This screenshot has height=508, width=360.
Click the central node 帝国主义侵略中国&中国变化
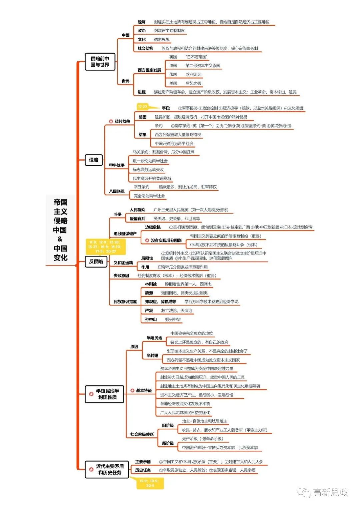(x=60, y=230)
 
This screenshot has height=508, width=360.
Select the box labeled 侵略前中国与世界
(x=100, y=62)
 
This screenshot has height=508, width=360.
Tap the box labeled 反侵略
(x=96, y=261)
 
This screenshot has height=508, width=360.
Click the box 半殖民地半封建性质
(x=104, y=394)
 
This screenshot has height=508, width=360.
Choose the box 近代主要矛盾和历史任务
(x=107, y=469)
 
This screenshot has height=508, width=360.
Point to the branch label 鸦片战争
(x=122, y=121)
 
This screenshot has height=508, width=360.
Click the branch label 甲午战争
(x=117, y=165)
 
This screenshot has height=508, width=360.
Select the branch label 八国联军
(x=117, y=192)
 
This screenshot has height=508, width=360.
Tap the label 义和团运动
(x=123, y=263)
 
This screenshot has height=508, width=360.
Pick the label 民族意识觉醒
(x=125, y=302)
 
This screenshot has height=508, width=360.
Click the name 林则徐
(x=151, y=284)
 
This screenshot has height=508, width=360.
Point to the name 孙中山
(x=151, y=319)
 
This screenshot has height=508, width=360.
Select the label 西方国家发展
(x=149, y=70)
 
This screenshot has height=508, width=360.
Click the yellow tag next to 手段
(x=143, y=107)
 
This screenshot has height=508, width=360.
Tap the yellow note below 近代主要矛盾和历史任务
(x=150, y=483)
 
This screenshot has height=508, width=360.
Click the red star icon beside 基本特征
(x=132, y=390)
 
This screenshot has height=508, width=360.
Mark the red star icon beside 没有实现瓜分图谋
(x=147, y=241)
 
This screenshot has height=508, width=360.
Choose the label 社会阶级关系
(x=142, y=434)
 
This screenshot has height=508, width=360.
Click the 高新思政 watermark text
(x=330, y=492)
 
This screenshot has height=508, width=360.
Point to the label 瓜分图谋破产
(x=125, y=234)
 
